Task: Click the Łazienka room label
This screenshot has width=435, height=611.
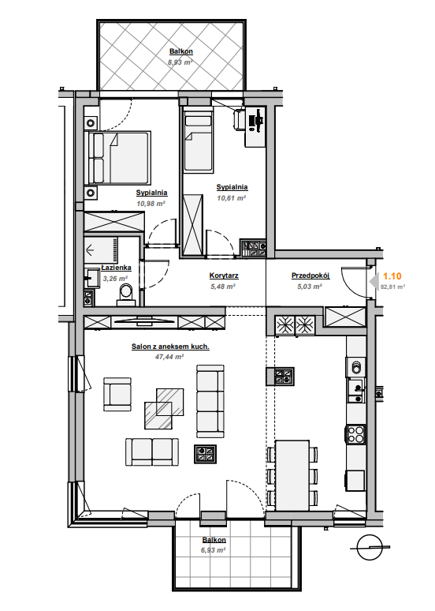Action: pos(116,268)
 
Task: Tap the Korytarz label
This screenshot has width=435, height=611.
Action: pos(224,276)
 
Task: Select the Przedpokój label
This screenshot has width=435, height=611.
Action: pos(310,276)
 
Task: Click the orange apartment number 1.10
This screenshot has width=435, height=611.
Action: pos(392,276)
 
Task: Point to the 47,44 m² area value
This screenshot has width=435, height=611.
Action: pos(169,356)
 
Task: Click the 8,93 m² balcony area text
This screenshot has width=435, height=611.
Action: pos(180,62)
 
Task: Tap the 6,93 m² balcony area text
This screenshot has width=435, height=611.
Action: pos(214,550)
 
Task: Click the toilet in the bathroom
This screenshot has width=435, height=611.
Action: pos(126,294)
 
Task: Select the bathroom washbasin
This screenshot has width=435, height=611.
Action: pos(92,277)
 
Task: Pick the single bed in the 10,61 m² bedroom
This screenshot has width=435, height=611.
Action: pos(199,142)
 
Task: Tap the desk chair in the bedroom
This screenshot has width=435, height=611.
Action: pos(239,119)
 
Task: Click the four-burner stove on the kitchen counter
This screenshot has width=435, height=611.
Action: pos(355,434)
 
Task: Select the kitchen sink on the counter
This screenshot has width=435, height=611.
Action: pos(356,391)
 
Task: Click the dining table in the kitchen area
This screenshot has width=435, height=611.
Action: pos(292,475)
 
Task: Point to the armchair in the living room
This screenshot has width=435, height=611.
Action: pos(117,394)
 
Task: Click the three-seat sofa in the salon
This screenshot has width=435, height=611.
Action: pos(210,401)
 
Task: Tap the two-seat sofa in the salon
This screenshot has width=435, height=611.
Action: pos(152,452)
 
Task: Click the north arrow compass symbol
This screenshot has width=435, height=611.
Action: pos(369,548)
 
